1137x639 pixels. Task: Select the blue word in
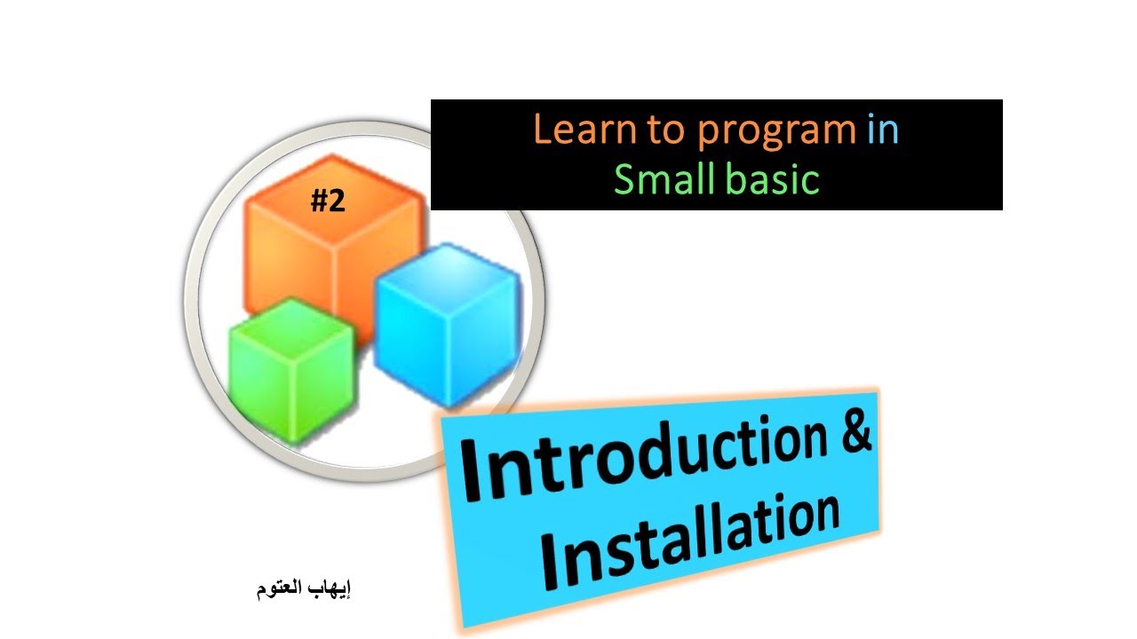(x=882, y=130)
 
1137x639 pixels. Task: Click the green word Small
(x=663, y=179)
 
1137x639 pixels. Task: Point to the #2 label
(x=327, y=203)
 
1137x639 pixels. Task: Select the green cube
(x=290, y=368)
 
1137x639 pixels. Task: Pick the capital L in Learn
(x=540, y=131)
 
